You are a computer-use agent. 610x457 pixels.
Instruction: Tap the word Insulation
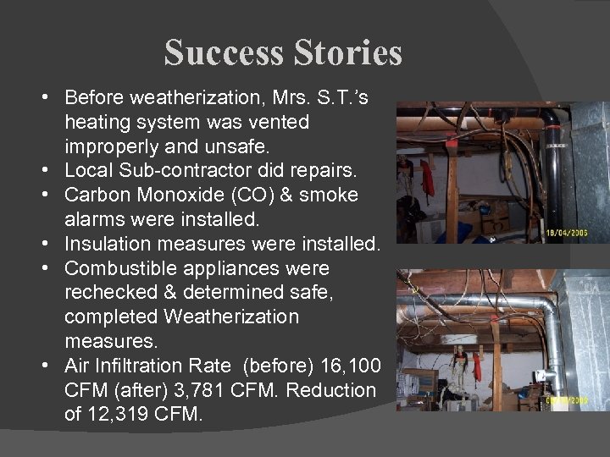tap(105, 244)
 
